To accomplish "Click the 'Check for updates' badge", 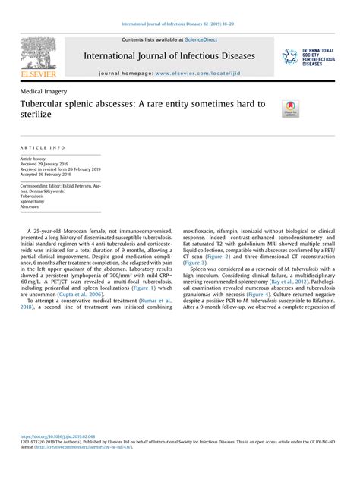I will (x=290, y=108).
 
